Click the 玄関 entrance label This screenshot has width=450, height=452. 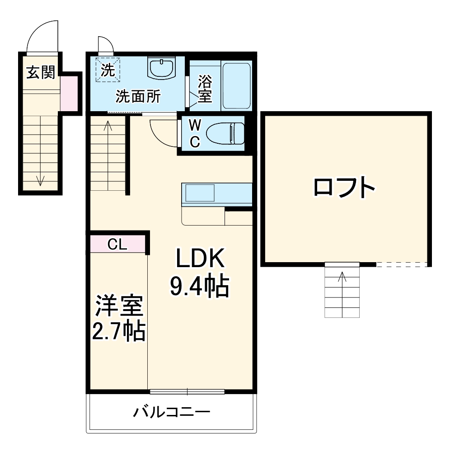[x=40, y=72]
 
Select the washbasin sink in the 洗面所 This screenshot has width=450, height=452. [x=161, y=68]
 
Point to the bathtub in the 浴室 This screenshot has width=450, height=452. [x=237, y=85]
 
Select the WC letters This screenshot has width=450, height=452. [x=194, y=133]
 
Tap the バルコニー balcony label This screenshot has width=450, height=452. [x=172, y=412]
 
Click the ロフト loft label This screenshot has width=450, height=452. [x=345, y=188]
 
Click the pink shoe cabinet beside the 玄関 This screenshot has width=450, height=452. [x=69, y=94]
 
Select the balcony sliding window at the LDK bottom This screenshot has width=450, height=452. [x=187, y=391]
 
